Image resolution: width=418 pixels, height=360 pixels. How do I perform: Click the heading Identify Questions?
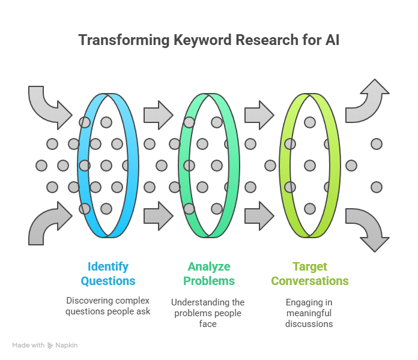(108, 274)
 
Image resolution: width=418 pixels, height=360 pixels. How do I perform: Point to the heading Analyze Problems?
(208, 274)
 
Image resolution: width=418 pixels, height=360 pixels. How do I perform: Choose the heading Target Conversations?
(309, 274)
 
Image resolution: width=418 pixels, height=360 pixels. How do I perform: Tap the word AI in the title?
(332, 41)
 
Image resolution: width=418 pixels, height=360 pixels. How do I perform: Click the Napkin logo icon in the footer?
(50, 346)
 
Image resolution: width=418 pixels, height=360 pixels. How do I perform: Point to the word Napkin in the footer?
(67, 346)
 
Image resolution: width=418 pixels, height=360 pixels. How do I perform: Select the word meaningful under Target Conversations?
(309, 313)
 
